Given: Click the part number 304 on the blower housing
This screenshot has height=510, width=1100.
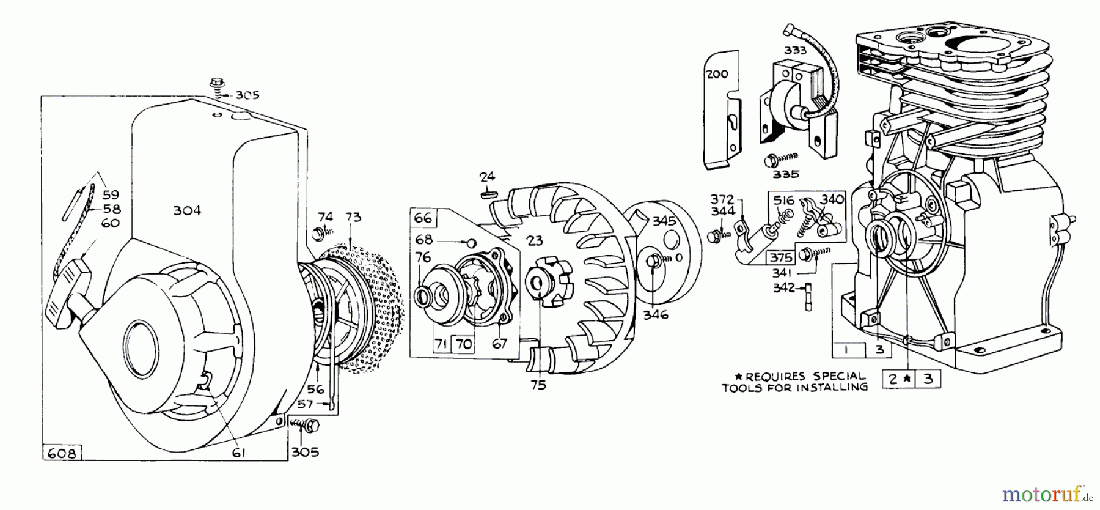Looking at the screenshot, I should pos(187,210).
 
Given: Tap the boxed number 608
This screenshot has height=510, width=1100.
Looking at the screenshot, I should pos(62,454).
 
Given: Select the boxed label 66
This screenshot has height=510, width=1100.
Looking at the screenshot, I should pos(423,218).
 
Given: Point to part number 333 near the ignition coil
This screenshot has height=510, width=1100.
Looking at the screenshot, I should pos(796,51).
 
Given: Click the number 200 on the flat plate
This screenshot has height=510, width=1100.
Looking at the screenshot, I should pos(717,74).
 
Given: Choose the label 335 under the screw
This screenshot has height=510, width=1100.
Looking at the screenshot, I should pos(786,174).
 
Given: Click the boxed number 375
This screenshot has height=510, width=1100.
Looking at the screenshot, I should pos(782,257).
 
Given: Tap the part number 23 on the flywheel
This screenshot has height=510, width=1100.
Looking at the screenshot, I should pos(535,241).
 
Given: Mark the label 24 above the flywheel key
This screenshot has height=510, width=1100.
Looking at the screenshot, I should pos(487,177).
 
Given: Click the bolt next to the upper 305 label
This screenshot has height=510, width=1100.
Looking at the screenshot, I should pos(216,83).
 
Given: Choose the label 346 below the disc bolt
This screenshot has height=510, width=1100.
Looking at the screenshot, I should pos(656,315).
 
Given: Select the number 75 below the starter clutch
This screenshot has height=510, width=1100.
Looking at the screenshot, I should pos(538,385).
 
